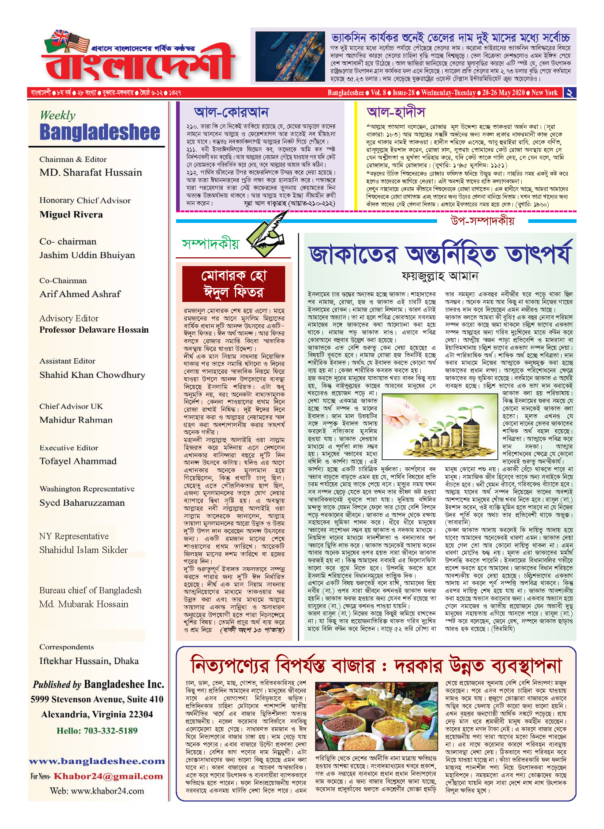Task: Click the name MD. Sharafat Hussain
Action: [x=90, y=172]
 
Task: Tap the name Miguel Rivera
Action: [x=71, y=214]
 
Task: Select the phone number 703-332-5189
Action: [x=111, y=731]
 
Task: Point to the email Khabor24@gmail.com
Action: [x=108, y=776]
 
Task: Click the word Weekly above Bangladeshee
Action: [x=57, y=115]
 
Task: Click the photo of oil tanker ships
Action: [x=290, y=56]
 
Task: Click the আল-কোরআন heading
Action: [x=231, y=112]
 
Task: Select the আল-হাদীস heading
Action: [x=396, y=112]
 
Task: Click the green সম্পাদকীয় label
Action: [x=210, y=244]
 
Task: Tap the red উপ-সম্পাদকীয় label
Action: [x=482, y=221]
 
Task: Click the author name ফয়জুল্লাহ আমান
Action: [x=440, y=276]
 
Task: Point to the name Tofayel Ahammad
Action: [x=78, y=461]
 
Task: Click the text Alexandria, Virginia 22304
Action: [x=97, y=714]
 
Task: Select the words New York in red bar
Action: [x=544, y=93]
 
